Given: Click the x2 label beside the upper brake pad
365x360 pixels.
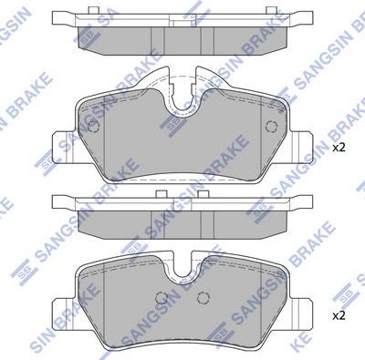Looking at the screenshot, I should (338, 147).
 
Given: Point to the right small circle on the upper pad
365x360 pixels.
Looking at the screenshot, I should (269, 128).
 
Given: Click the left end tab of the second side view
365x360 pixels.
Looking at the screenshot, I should (62, 200).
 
